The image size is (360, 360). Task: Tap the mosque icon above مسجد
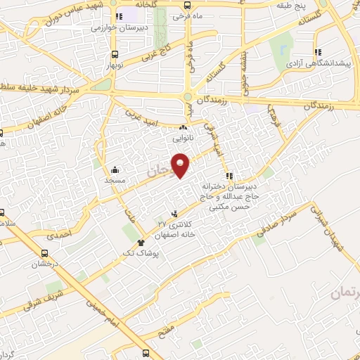point(115,169)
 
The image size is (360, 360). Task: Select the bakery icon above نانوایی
point(183,129)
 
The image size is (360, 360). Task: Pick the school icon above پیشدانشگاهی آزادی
point(319,51)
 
